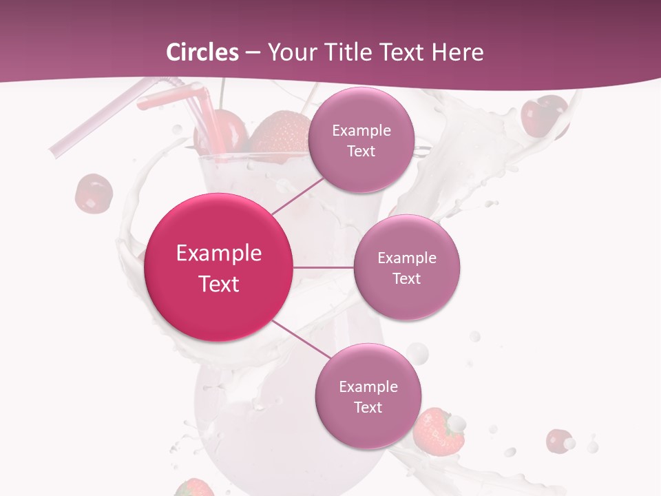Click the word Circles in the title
[x=202, y=52]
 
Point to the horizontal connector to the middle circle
[x=323, y=267]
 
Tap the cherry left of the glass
[x=94, y=193]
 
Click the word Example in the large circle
[x=219, y=254]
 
